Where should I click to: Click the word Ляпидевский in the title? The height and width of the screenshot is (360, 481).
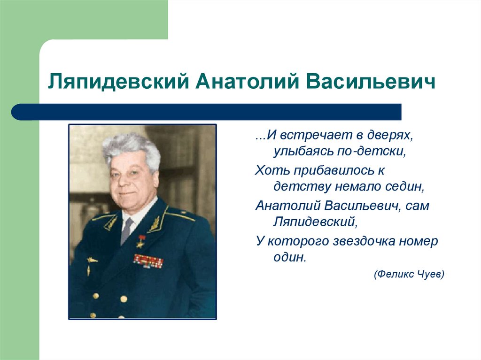pos(118,82)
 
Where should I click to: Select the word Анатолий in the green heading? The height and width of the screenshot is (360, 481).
pos(247,81)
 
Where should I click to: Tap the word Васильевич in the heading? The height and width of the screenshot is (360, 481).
pos(371,81)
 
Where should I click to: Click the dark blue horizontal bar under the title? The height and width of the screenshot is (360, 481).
pos(206,112)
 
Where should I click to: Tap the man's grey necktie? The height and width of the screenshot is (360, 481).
pos(126,230)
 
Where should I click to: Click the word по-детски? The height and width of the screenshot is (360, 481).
pos(372,152)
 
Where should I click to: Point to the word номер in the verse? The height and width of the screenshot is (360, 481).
pos(419,242)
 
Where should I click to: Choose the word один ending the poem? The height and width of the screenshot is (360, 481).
pos(290,257)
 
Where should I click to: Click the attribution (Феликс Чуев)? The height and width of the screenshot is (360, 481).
pos(409,274)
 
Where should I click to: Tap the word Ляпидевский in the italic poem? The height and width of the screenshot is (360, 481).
pos(315,222)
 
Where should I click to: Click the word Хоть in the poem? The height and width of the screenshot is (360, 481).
pos(272,170)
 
